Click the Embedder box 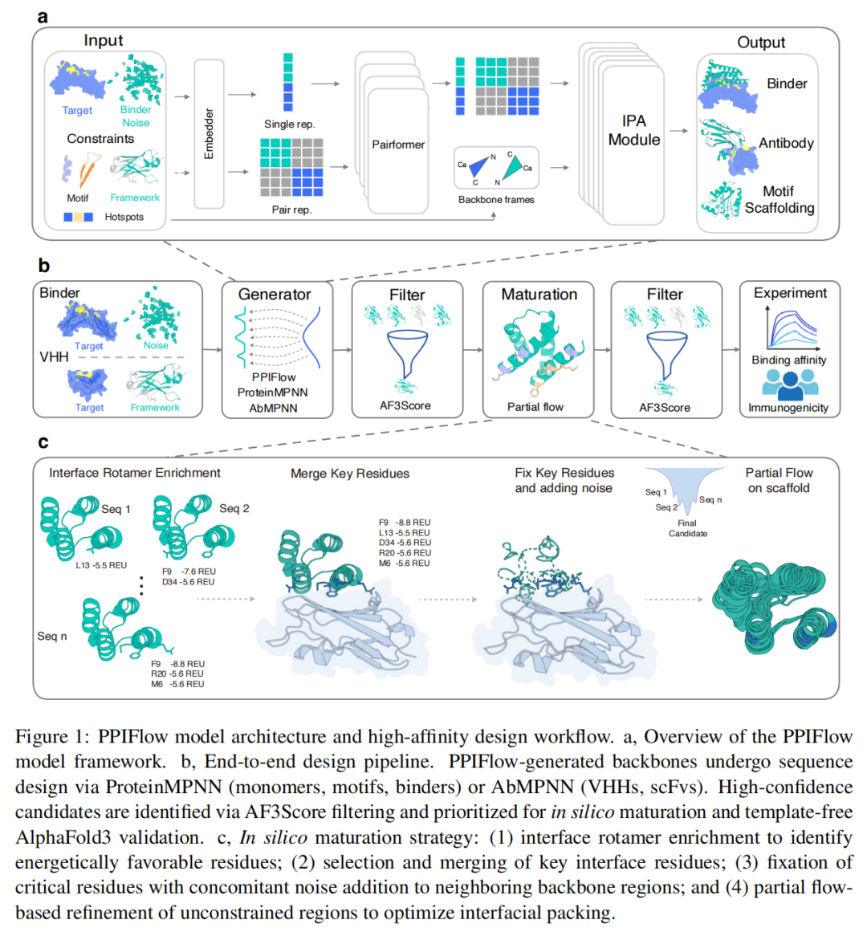click(210, 133)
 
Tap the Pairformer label click(398, 144)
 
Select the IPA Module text click(633, 130)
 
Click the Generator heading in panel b click(275, 295)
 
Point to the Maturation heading click(539, 295)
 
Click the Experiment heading click(790, 293)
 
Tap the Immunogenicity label click(788, 408)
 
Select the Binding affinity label click(788, 360)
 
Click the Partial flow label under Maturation click(535, 407)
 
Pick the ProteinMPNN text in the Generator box click(273, 393)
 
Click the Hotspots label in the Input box click(124, 217)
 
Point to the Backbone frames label click(496, 200)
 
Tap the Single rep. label click(290, 124)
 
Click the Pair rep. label click(291, 210)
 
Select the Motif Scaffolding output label click(779, 200)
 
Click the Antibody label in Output click(787, 143)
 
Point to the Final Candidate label click(688, 528)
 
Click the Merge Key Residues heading click(350, 474)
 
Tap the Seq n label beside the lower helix click(52, 636)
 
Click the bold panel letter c click(43, 442)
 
